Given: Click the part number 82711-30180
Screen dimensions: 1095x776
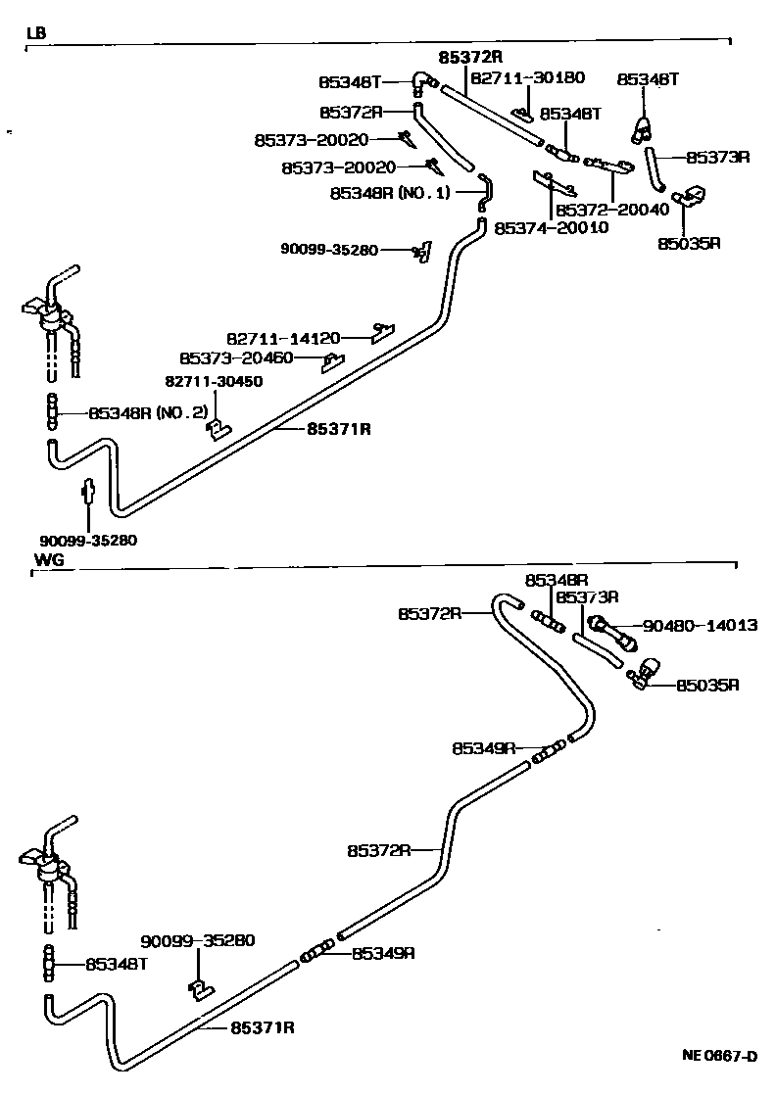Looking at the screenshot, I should [528, 77].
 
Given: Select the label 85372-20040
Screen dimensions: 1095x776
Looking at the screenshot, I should [611, 210].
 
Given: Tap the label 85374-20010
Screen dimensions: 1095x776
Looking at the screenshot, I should [552, 227].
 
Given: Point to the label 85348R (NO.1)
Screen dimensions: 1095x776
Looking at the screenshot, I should [391, 193].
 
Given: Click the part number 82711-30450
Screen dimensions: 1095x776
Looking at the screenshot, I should [213, 381].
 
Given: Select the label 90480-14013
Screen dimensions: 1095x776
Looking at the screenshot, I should [700, 625].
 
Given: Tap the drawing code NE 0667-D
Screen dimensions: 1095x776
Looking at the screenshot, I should [720, 1056].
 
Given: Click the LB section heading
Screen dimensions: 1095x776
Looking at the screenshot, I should [35, 32].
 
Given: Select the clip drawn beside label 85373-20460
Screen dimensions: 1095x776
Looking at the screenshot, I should [333, 362].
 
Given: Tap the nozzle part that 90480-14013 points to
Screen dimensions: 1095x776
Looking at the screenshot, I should [611, 632].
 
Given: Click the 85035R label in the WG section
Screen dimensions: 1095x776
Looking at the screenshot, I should [706, 685].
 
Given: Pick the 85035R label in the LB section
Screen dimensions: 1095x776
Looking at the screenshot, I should [689, 243].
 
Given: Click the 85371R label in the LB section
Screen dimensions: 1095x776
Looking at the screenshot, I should [338, 428].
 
